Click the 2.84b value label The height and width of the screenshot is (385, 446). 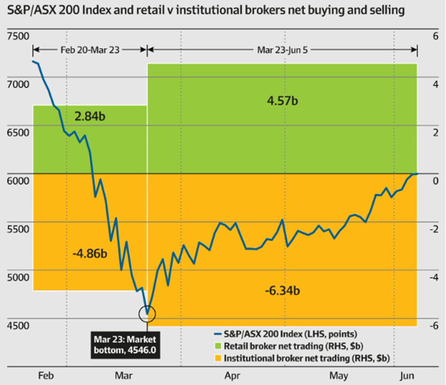(89, 117)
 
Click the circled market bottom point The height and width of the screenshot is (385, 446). (147, 313)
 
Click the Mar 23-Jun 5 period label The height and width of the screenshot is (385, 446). (282, 49)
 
